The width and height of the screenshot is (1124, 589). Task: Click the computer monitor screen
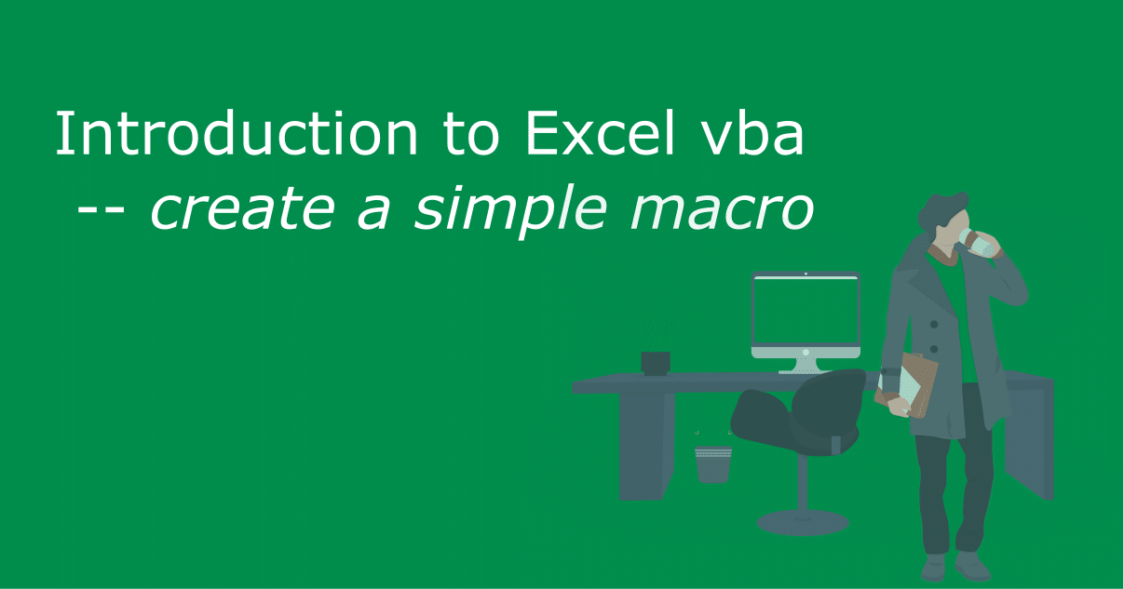806,311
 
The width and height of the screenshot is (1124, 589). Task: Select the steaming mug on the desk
656,361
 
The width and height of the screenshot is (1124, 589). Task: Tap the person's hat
942,209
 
